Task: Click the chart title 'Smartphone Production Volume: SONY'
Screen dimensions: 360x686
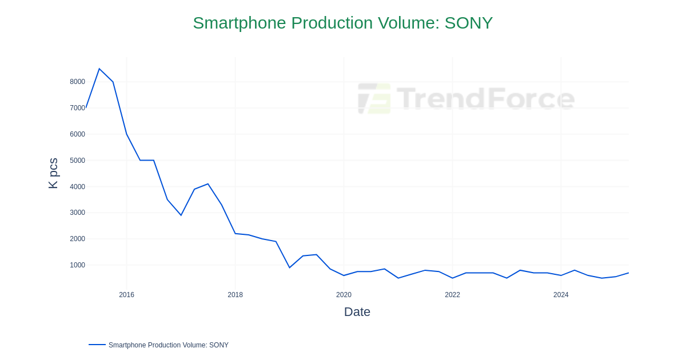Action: pyautogui.click(x=342, y=23)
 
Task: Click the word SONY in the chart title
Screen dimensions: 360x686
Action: pyautogui.click(x=468, y=23)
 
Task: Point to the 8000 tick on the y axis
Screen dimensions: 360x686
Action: pyautogui.click(x=77, y=82)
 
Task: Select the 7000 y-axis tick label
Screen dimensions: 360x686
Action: pyautogui.click(x=77, y=108)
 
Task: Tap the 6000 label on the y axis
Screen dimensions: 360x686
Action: pyautogui.click(x=77, y=134)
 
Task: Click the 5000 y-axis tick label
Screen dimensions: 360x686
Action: pyautogui.click(x=77, y=161)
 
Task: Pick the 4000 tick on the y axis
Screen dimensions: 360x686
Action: pyautogui.click(x=77, y=187)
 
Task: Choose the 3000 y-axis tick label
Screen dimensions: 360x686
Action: pyautogui.click(x=77, y=213)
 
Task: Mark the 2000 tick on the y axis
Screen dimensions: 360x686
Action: pyautogui.click(x=77, y=239)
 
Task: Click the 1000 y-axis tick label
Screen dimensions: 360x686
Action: pyautogui.click(x=77, y=265)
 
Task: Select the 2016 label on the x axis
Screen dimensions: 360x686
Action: pyautogui.click(x=126, y=295)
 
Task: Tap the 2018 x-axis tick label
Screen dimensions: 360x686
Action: pyautogui.click(x=235, y=295)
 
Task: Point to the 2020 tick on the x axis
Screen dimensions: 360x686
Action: pyautogui.click(x=344, y=295)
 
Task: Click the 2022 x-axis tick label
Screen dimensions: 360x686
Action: pyautogui.click(x=452, y=295)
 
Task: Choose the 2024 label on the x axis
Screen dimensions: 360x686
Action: pyautogui.click(x=561, y=295)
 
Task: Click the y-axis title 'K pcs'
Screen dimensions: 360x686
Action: pyautogui.click(x=53, y=173)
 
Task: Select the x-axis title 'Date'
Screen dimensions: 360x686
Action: pyautogui.click(x=357, y=312)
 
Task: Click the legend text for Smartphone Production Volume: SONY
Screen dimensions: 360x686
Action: pyautogui.click(x=168, y=345)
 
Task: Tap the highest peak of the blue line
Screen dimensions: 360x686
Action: pyautogui.click(x=99, y=69)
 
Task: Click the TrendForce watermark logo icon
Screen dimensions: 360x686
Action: pyautogui.click(x=374, y=98)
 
